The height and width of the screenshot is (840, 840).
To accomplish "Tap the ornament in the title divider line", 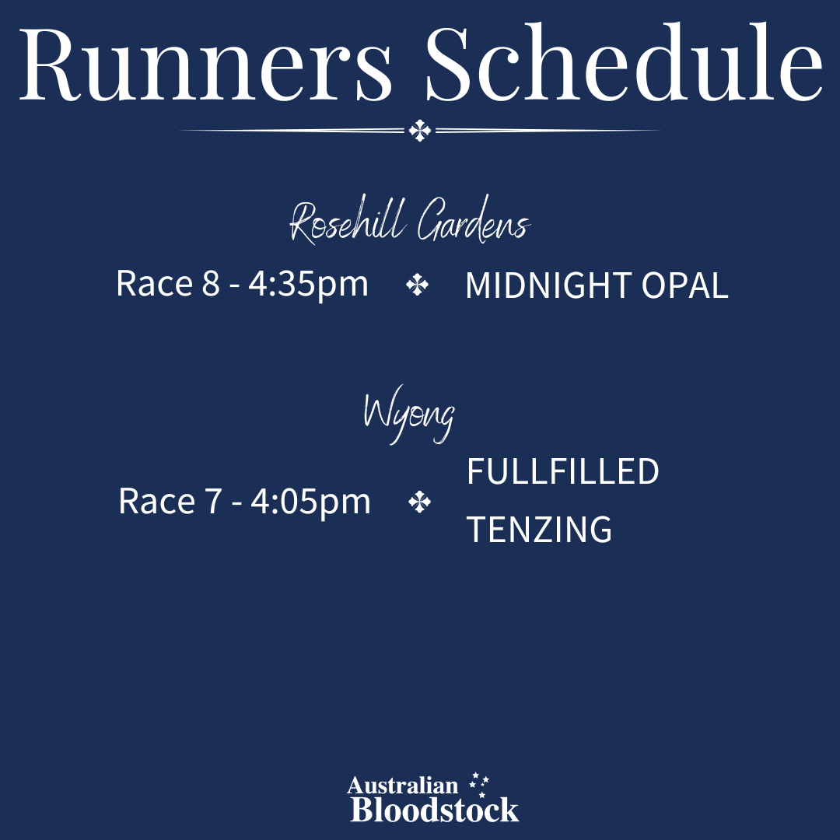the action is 420,130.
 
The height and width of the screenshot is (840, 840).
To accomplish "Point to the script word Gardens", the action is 474,221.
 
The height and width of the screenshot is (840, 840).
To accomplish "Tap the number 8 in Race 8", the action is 211,283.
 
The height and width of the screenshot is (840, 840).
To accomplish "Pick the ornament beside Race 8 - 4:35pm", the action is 418,285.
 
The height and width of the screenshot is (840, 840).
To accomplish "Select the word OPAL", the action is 684,285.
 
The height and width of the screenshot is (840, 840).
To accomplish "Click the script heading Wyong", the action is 409,415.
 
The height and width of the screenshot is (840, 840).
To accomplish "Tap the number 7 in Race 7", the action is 213,502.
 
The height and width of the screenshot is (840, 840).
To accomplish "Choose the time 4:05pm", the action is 310,502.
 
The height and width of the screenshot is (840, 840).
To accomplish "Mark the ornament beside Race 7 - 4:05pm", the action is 419,502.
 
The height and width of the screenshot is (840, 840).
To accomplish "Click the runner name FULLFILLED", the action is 562,471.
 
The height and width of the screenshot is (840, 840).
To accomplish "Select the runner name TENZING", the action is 539,530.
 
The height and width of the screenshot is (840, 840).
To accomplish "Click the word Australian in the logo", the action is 403,786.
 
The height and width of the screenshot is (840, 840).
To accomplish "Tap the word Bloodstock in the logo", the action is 435,809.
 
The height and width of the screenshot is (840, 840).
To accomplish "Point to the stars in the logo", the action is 479,784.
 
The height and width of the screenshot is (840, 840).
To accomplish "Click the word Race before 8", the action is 154,283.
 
